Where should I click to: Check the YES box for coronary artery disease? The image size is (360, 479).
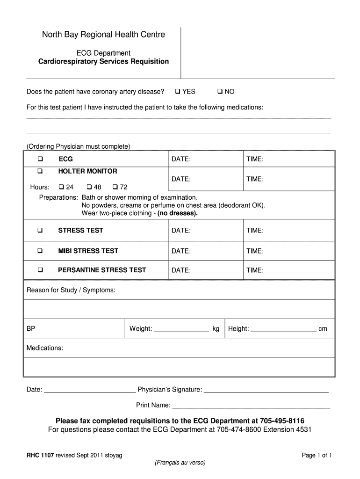point(178,92)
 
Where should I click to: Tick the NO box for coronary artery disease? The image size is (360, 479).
point(220,92)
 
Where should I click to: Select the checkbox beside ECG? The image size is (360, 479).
point(40,160)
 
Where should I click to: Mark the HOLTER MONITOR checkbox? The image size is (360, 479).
point(40,171)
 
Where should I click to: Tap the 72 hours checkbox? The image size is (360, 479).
point(115,187)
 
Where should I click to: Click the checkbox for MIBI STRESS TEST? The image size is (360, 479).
point(40,251)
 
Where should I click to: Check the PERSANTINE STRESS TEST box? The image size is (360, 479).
point(40,270)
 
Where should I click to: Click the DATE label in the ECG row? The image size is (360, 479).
point(181,160)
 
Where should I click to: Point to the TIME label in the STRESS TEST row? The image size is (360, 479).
point(255,231)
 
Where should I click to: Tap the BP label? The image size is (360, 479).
point(31,329)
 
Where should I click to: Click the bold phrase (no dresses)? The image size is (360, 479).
point(178,213)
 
